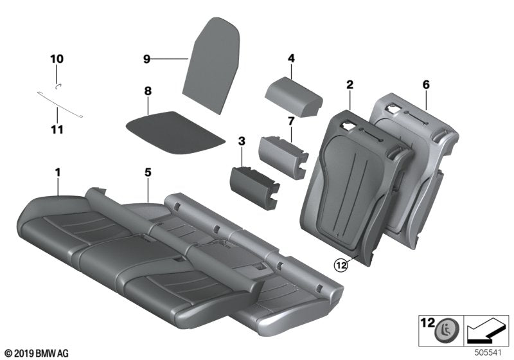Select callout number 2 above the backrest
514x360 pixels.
(350, 84)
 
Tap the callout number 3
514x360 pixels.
(242, 141)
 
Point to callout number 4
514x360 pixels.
(291, 59)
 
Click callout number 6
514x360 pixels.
(426, 84)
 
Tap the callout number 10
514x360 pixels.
(57, 59)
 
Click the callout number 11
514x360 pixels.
(57, 130)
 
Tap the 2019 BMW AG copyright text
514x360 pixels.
(36, 353)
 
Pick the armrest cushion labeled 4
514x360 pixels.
(294, 94)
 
